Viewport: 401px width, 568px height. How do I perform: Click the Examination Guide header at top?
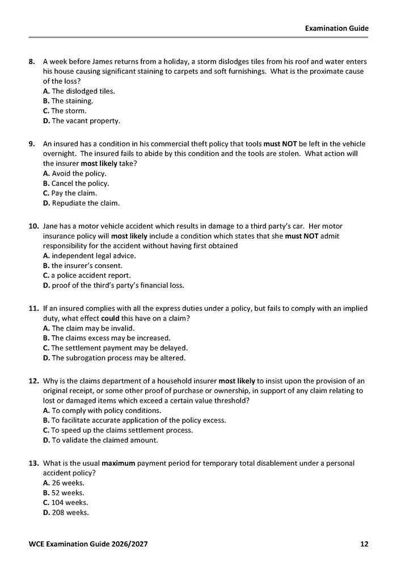(336, 27)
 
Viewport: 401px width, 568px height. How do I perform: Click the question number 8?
(33, 61)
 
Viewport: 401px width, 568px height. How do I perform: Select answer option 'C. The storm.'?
(65, 111)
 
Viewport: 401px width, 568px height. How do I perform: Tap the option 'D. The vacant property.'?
(82, 121)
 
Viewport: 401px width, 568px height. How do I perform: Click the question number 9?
(33, 144)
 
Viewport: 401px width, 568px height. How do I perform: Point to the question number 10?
(33, 226)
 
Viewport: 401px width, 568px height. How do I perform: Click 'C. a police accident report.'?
(87, 275)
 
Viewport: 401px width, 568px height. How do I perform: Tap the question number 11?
(33, 308)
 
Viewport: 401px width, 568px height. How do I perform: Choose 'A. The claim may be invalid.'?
(88, 328)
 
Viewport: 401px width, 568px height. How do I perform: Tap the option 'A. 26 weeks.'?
(64, 483)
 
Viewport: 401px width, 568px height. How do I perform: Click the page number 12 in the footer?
(364, 544)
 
